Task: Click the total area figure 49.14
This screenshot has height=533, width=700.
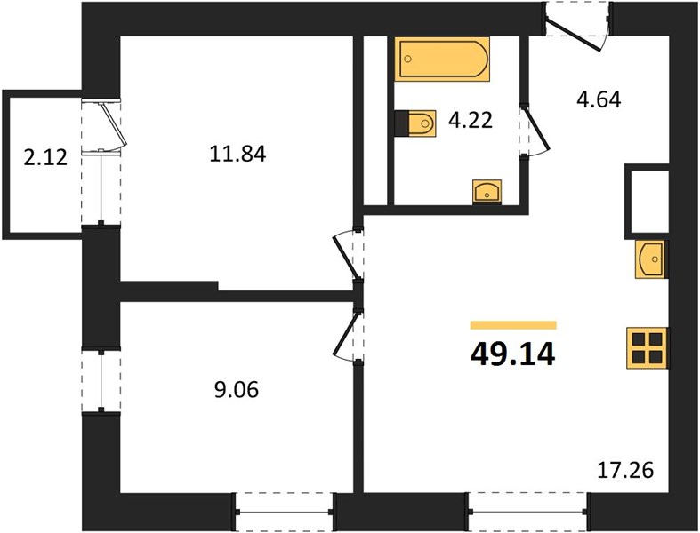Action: click(x=513, y=354)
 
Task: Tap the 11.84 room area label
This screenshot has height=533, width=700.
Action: click(x=238, y=155)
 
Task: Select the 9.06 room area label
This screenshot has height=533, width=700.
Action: click(x=237, y=390)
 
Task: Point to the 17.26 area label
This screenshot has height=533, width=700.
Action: click(x=625, y=470)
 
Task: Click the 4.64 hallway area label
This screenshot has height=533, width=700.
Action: click(x=599, y=99)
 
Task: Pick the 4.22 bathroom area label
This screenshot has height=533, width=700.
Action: click(x=471, y=120)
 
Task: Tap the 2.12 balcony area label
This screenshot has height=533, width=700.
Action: click(x=45, y=157)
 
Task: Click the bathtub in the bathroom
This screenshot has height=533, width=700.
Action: click(x=442, y=60)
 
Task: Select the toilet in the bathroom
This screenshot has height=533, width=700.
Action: click(x=415, y=123)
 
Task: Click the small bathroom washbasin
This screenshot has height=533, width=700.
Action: click(x=487, y=192)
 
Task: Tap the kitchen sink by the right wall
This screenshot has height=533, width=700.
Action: click(x=650, y=259)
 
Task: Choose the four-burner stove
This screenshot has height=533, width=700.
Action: click(x=648, y=348)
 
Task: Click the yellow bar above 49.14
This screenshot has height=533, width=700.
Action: click(x=513, y=325)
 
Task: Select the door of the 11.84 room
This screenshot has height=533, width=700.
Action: click(x=349, y=256)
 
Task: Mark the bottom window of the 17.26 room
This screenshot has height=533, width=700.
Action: click(x=527, y=512)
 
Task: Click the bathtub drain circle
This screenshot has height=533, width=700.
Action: click(x=407, y=59)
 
